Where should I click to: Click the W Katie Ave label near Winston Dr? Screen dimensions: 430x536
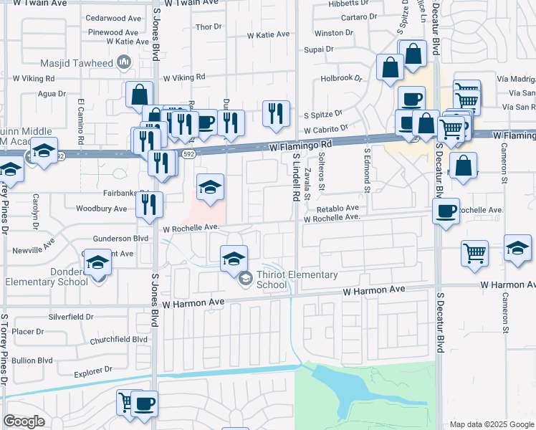(268, 34)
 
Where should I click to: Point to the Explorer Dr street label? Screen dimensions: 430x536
(93, 371)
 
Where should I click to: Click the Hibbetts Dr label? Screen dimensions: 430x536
(348, 4)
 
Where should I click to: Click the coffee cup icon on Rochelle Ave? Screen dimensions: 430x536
(446, 211)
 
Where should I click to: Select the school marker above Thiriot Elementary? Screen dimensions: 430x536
(233, 259)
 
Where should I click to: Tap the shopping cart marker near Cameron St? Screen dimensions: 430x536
(475, 253)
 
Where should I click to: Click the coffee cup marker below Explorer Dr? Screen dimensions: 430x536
(144, 404)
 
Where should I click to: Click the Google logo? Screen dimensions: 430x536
(24, 421)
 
